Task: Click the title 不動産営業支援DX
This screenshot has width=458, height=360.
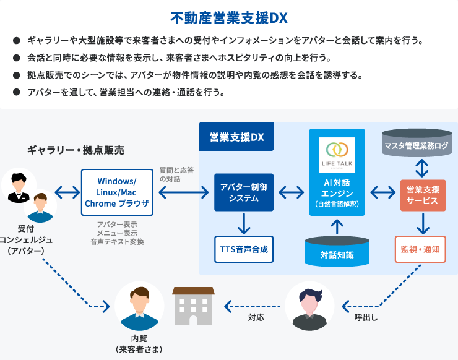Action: [228, 17]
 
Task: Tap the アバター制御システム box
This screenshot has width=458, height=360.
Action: [243, 192]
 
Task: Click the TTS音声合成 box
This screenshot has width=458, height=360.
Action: [243, 249]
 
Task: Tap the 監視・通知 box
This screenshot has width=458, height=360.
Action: [420, 249]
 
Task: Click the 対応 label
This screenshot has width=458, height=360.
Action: [256, 317]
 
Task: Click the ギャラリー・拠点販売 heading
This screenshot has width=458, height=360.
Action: [75, 150]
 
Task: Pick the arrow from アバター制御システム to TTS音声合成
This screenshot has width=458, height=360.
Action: [243, 223]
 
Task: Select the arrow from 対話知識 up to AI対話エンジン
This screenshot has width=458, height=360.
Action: [337, 225]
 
